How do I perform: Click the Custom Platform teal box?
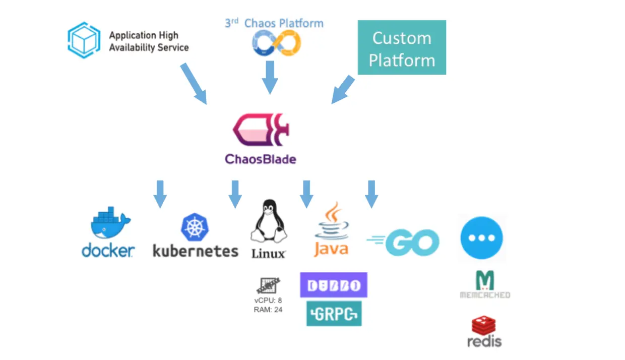click(402, 47)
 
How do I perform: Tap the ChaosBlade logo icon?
click(260, 132)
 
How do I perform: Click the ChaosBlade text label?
click(260, 159)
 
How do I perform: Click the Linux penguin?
click(268, 222)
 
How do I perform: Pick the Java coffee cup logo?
click(331, 222)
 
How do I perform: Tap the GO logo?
click(403, 243)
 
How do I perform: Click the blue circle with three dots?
click(481, 238)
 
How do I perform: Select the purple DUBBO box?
click(334, 285)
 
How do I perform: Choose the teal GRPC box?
click(334, 313)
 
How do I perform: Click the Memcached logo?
click(484, 284)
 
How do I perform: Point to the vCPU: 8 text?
click(268, 301)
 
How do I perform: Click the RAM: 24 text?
click(268, 310)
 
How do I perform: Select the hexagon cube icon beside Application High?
click(84, 40)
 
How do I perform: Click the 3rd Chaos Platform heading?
click(274, 23)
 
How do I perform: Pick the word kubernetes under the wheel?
click(195, 251)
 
